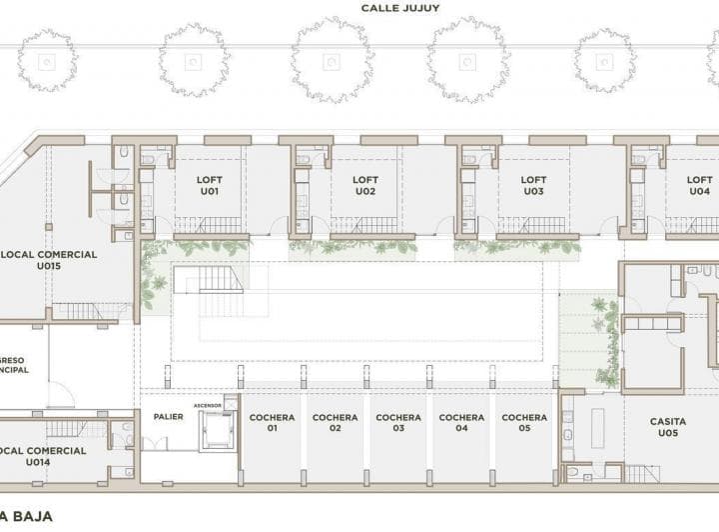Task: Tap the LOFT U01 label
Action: point(209,185)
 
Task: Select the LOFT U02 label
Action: point(365,185)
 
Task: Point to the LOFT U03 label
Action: point(533,185)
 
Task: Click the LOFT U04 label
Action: point(699,185)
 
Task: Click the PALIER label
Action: point(168,416)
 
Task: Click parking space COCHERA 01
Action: point(271,422)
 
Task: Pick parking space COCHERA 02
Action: point(335,422)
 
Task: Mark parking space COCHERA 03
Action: point(397,422)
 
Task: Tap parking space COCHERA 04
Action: point(461,422)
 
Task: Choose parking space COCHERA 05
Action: point(524,422)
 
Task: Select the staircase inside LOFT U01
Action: point(208,225)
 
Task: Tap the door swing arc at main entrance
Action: point(60,395)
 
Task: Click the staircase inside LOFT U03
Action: point(534,225)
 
